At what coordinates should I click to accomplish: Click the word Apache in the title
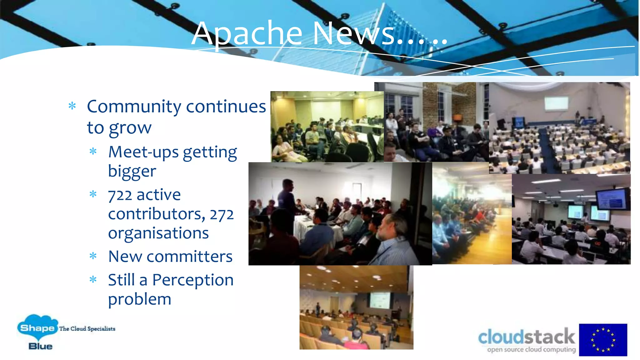(247, 34)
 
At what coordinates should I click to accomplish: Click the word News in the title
(353, 34)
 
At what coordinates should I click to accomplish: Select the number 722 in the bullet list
(120, 196)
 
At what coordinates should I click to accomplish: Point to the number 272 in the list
(222, 215)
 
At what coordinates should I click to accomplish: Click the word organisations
(158, 233)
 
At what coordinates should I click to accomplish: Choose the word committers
(189, 257)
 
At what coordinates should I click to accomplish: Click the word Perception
(193, 280)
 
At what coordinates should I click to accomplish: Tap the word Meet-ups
(143, 152)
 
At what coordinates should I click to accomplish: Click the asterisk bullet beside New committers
(93, 256)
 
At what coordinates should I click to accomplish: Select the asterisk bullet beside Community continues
(72, 106)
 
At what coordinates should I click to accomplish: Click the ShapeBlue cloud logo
(37, 328)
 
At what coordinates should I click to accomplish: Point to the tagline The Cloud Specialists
(87, 329)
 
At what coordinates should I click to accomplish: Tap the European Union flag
(603, 340)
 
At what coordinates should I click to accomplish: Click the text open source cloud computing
(531, 350)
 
